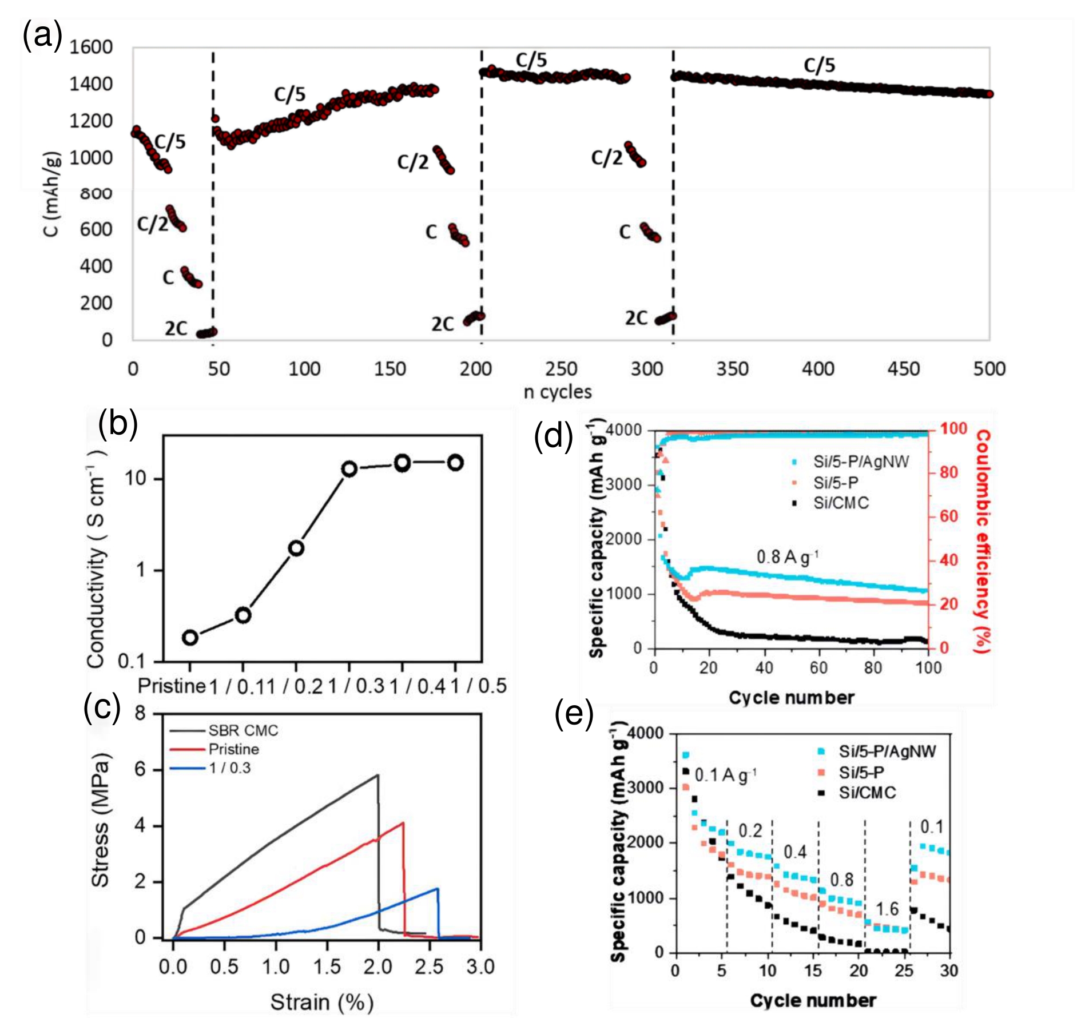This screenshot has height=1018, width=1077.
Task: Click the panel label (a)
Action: click(42, 35)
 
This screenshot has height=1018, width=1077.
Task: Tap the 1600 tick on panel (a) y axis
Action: click(91, 47)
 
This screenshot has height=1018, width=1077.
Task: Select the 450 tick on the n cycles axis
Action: click(904, 369)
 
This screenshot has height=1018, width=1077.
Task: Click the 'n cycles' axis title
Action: click(558, 392)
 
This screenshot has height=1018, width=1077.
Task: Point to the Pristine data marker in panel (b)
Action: click(190, 637)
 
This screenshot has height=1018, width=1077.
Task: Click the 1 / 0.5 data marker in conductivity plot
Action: click(455, 463)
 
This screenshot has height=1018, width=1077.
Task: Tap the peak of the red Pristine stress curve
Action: click(403, 823)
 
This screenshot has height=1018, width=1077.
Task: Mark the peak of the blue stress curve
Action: click(437, 888)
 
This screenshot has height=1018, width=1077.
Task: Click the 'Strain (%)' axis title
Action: click(321, 1002)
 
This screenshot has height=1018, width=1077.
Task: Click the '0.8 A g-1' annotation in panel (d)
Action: click(787, 556)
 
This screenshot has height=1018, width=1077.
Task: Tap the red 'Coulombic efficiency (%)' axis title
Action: click(982, 540)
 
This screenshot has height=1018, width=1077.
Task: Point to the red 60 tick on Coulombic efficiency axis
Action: click(948, 516)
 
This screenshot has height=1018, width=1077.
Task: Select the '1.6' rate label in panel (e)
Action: click(887, 909)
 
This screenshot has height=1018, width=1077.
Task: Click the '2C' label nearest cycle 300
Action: click(636, 318)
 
